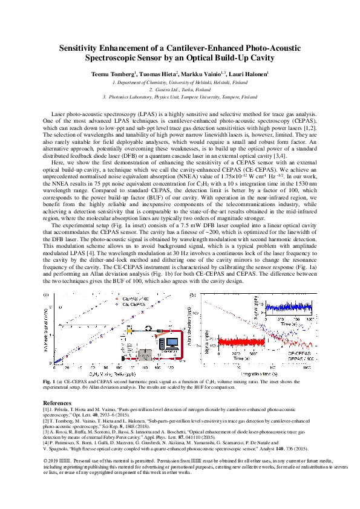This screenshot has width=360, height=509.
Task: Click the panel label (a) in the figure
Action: point(47,294)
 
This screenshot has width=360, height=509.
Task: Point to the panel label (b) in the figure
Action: point(193,294)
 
